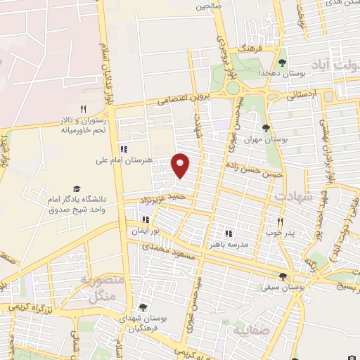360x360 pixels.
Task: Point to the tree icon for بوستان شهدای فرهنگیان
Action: click(143, 307)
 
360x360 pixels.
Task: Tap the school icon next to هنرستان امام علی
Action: click(124, 149)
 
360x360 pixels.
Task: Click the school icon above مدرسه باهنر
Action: click(228, 233)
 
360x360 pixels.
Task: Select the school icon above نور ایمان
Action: click(147, 219)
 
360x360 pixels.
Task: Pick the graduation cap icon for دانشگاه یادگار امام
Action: click(76, 189)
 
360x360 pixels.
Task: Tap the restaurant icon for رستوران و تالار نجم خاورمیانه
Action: click(82, 109)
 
